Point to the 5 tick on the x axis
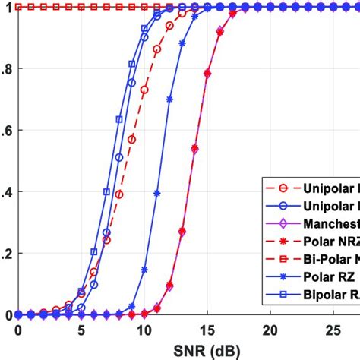pos(81,330)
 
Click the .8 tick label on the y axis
pos(7,68)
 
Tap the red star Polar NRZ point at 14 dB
pos(194,148)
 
